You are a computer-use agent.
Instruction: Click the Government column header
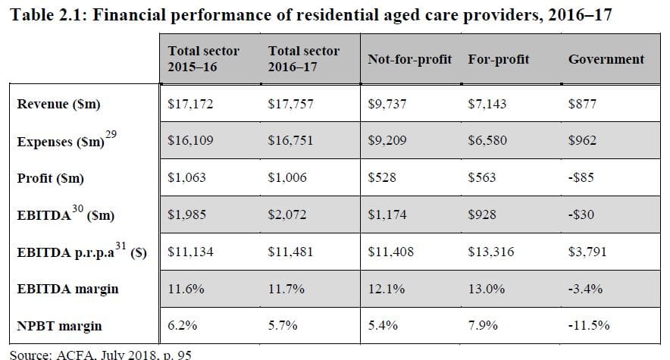click(606, 59)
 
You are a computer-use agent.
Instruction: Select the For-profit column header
click(499, 59)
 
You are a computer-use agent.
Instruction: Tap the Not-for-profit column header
click(409, 59)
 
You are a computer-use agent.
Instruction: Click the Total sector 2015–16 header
click(203, 58)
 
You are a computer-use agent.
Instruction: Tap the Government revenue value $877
click(582, 105)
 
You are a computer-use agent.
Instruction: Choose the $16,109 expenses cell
click(190, 141)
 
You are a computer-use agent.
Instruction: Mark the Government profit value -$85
click(581, 178)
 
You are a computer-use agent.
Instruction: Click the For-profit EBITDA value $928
click(482, 215)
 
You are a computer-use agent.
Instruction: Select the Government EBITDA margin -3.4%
click(586, 289)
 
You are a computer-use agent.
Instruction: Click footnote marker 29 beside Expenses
click(111, 134)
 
